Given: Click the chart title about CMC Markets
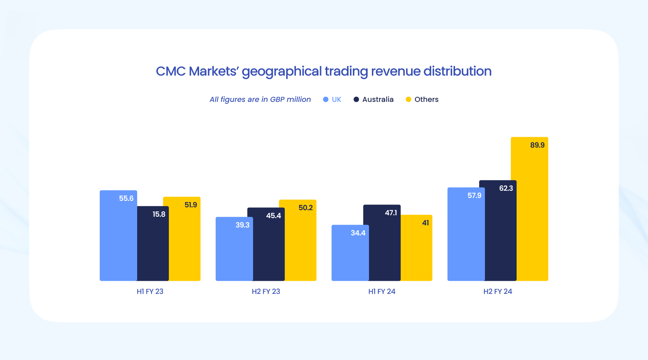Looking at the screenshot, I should pyautogui.click(x=324, y=71).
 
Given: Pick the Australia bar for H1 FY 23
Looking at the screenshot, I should pyautogui.click(x=153, y=248).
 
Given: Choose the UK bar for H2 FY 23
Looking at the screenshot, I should pyautogui.click(x=234, y=252).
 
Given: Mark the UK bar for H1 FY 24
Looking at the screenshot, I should pyautogui.click(x=350, y=256).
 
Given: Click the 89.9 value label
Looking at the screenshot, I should pyautogui.click(x=537, y=145).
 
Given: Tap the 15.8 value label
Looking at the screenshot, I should pyautogui.click(x=159, y=214).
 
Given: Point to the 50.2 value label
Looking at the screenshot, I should pyautogui.click(x=306, y=208).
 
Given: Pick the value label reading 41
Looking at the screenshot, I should pyautogui.click(x=426, y=223).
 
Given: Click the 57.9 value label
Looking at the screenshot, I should pyautogui.click(x=474, y=195).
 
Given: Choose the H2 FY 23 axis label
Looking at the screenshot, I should pyautogui.click(x=266, y=292).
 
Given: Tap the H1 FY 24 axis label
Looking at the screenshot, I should pyautogui.click(x=382, y=292).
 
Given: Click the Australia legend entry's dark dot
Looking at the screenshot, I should pyautogui.click(x=356, y=99).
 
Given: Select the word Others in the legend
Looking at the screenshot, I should pyautogui.click(x=426, y=99).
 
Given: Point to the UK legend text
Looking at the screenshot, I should pyautogui.click(x=336, y=99).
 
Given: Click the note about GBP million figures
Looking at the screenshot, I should pyautogui.click(x=260, y=99).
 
